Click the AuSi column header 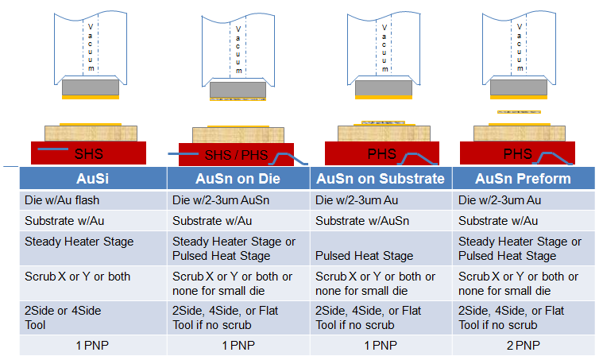pos(92,179)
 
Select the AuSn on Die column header pos(238,179)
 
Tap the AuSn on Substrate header pos(381,179)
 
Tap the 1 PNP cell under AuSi pos(92,346)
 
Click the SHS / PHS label pos(236,154)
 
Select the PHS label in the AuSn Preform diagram pos(517,153)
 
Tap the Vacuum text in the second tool pos(238,48)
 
